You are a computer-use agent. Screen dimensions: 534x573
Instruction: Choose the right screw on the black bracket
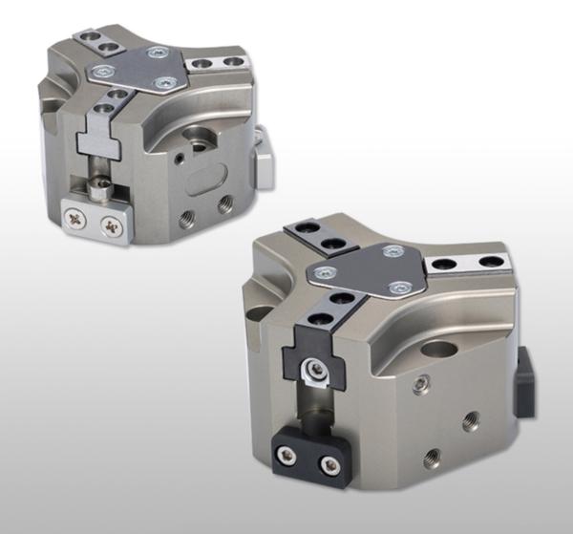coord(329,465)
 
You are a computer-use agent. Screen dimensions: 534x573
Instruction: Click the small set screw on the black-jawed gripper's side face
coord(418,385)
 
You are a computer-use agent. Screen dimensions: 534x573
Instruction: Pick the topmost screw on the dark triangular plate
coord(390,251)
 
